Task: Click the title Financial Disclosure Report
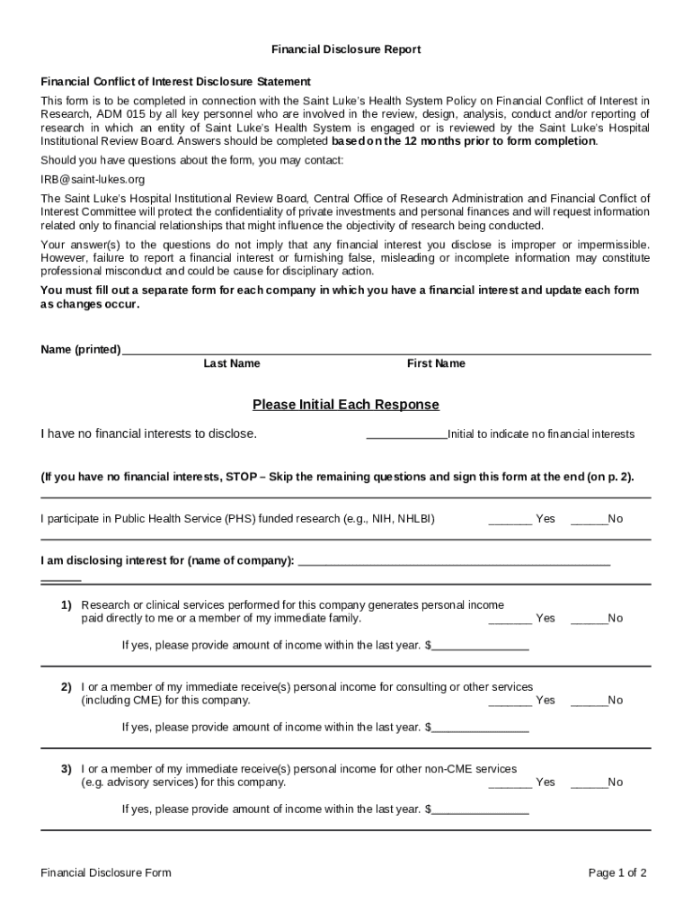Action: click(346, 49)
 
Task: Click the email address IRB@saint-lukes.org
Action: click(93, 179)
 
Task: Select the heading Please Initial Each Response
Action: click(346, 405)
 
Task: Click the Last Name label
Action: click(231, 363)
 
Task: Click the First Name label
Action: click(436, 363)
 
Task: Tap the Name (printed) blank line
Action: click(386, 352)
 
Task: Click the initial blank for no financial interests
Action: click(406, 436)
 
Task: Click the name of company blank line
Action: click(453, 564)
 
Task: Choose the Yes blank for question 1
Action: click(510, 621)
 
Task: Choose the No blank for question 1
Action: click(588, 621)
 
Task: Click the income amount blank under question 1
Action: click(480, 648)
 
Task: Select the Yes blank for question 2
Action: click(510, 702)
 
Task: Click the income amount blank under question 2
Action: click(480, 729)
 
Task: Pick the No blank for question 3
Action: click(588, 784)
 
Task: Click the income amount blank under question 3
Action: click(480, 811)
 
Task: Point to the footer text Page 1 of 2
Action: click(617, 872)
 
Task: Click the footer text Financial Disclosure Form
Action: click(106, 872)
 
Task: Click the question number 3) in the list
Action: click(67, 769)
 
